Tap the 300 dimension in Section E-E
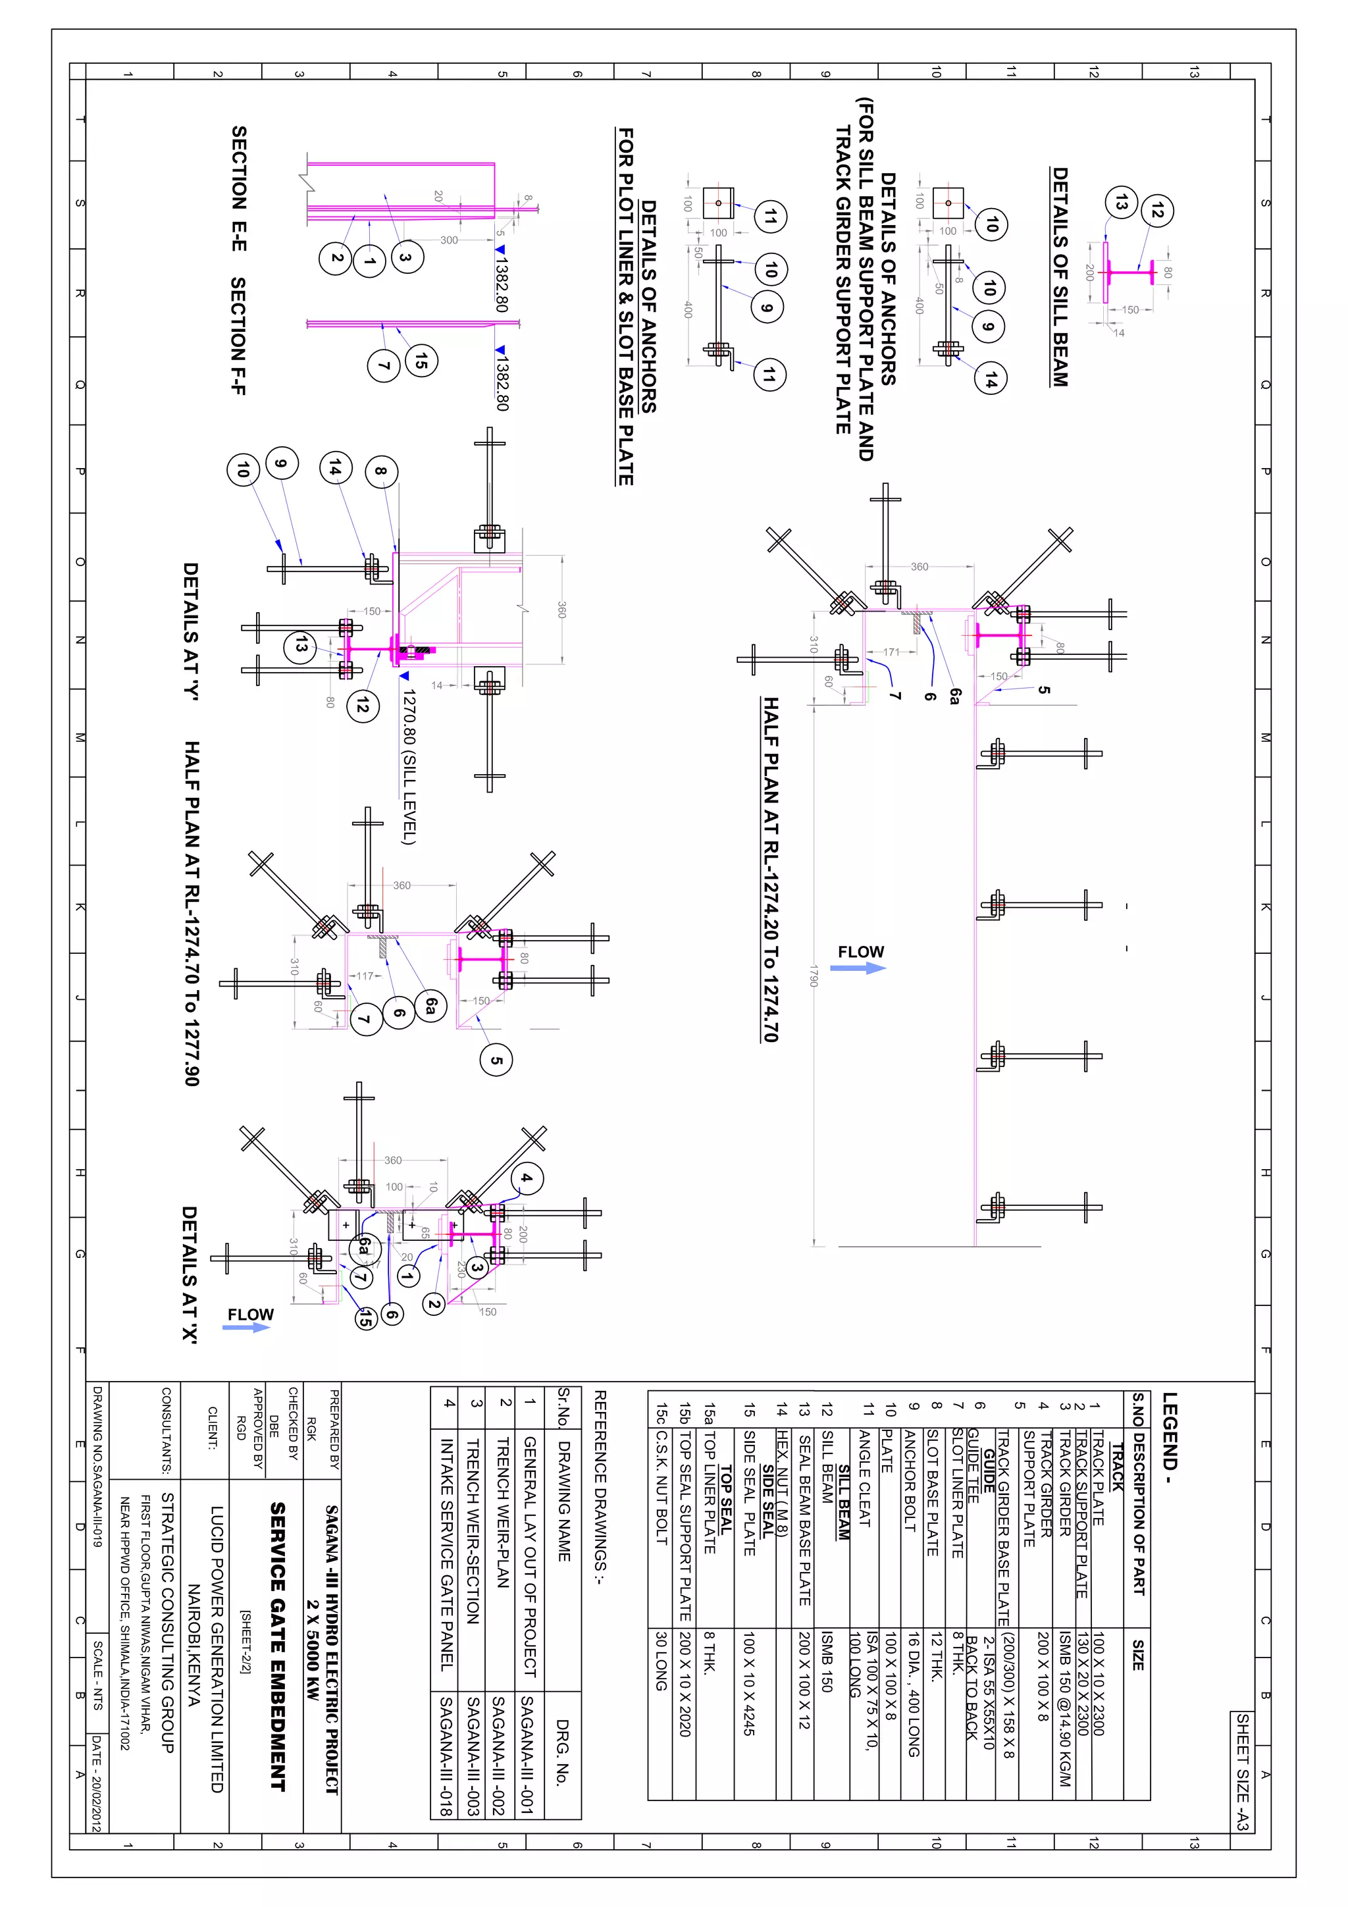(x=448, y=240)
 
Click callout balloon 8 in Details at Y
(x=380, y=471)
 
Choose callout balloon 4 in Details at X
(x=526, y=1178)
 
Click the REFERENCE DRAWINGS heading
(x=600, y=1488)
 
